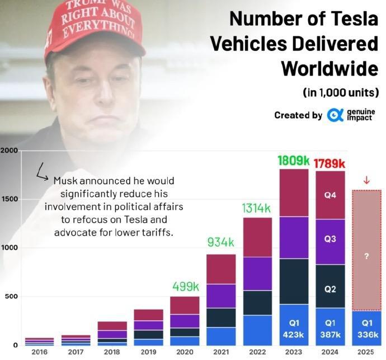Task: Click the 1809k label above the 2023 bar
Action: pyautogui.click(x=294, y=160)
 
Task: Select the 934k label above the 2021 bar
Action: pyautogui.click(x=222, y=242)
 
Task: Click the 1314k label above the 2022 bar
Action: pyautogui.click(x=257, y=208)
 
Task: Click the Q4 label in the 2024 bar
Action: pyautogui.click(x=329, y=196)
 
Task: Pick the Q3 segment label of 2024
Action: pyautogui.click(x=329, y=239)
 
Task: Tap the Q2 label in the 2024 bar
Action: pyautogui.click(x=329, y=289)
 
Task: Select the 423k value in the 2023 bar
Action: pyautogui.click(x=294, y=334)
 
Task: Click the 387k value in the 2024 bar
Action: pyautogui.click(x=329, y=334)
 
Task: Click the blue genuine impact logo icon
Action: pyautogui.click(x=335, y=115)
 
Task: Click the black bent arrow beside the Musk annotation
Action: pyautogui.click(x=42, y=172)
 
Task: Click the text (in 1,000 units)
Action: pyautogui.click(x=341, y=91)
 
